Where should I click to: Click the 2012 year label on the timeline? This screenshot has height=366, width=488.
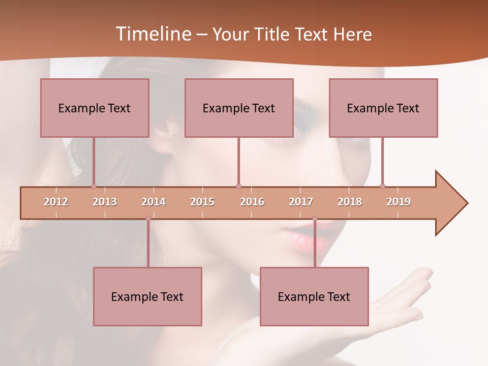tap(56, 202)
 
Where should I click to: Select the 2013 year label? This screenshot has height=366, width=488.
tap(105, 202)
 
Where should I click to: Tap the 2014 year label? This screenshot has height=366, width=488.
tap(154, 202)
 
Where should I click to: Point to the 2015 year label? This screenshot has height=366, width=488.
tap(202, 202)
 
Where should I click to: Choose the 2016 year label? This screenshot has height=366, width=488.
tap(252, 202)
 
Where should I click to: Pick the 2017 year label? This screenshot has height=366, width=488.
tap(301, 202)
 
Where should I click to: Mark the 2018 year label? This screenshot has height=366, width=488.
tap(350, 202)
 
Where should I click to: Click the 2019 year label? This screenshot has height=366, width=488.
tap(399, 202)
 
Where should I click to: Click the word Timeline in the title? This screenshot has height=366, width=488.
tap(152, 34)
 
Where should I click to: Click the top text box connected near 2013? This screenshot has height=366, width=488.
tap(95, 108)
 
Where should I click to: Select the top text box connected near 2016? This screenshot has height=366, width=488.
tap(239, 108)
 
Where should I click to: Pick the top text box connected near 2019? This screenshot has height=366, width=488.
tap(383, 108)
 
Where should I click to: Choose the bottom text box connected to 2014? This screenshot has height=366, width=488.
tap(147, 296)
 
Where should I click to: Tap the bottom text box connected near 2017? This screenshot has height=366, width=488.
tap(314, 296)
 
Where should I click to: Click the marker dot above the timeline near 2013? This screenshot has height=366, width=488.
tap(94, 186)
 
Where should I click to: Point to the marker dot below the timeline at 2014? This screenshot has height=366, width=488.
tap(148, 219)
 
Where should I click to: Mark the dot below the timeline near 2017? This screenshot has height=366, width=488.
tap(315, 219)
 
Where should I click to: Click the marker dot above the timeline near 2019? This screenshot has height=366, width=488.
tap(382, 186)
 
